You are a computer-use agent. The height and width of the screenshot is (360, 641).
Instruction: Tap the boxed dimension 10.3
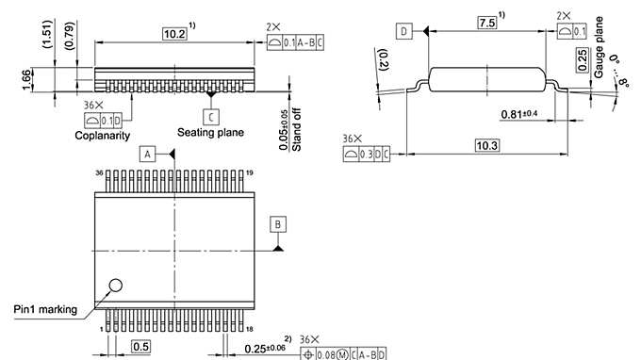pyautogui.click(x=486, y=144)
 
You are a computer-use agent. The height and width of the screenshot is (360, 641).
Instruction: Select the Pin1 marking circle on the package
pyautogui.click(x=116, y=286)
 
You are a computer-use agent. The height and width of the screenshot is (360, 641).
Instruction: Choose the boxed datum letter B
pyautogui.click(x=278, y=223)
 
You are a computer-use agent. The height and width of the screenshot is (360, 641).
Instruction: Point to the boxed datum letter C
pyautogui.click(x=211, y=115)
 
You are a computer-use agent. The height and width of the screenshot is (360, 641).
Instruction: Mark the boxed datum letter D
pyautogui.click(x=403, y=32)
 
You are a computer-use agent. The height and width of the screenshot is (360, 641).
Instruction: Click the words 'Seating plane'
pyautogui.click(x=211, y=133)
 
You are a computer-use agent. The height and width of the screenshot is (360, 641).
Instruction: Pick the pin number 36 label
pyautogui.click(x=98, y=173)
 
